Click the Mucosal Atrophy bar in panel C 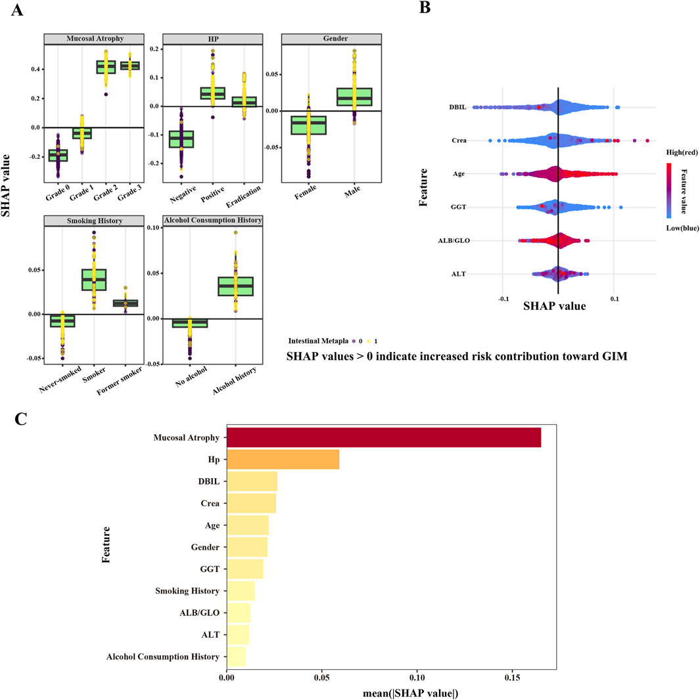tap(383, 437)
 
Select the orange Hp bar tap(283, 460)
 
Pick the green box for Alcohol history tap(236, 286)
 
